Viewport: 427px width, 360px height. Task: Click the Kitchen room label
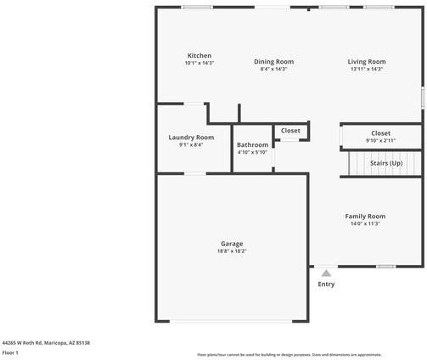pyautogui.click(x=199, y=56)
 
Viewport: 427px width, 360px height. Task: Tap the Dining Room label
pyautogui.click(x=273, y=61)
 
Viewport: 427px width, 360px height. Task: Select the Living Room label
pyautogui.click(x=367, y=61)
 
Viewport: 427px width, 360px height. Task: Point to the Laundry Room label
pyautogui.click(x=191, y=138)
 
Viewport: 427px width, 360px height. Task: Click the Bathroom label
pyautogui.click(x=252, y=144)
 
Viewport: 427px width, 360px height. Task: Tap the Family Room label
pyautogui.click(x=365, y=216)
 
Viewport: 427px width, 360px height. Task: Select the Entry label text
pyautogui.click(x=326, y=284)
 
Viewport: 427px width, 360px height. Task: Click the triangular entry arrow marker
pyautogui.click(x=326, y=273)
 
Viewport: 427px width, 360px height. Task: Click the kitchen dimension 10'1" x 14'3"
pyautogui.click(x=199, y=64)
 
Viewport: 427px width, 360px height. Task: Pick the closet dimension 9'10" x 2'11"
pyautogui.click(x=380, y=140)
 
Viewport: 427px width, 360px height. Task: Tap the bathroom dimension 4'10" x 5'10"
pyautogui.click(x=252, y=152)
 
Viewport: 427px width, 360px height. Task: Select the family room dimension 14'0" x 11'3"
pyautogui.click(x=365, y=223)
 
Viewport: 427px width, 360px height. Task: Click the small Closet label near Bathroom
pyautogui.click(x=290, y=131)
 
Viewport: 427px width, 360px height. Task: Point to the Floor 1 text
pyautogui.click(x=10, y=352)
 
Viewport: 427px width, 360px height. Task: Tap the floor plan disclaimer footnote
pyautogui.click(x=289, y=354)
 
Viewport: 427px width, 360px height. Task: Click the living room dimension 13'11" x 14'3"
pyautogui.click(x=367, y=69)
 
